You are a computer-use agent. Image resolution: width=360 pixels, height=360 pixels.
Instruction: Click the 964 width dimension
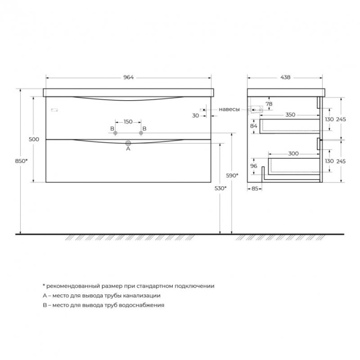(128, 77)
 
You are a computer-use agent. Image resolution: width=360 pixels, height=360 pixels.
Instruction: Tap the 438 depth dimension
(285, 77)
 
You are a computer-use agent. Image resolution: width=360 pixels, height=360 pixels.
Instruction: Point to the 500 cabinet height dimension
(34, 139)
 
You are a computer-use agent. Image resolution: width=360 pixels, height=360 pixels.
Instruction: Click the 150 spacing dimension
(128, 121)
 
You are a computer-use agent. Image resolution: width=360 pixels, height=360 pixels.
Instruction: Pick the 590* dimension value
(232, 176)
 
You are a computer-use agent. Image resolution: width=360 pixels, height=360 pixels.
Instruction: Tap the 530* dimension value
(221, 189)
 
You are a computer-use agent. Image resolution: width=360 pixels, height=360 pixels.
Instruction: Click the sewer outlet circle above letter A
(128, 143)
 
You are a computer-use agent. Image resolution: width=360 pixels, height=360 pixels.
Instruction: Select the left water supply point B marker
(115, 133)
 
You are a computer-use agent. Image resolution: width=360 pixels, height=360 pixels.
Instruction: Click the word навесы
(229, 109)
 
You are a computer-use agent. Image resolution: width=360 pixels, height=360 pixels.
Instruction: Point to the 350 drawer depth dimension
(290, 115)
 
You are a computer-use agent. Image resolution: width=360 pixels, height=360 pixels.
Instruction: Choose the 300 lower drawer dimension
(294, 154)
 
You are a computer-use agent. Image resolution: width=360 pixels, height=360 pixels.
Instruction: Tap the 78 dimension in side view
(269, 104)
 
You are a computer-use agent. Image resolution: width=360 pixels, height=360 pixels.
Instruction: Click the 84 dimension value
(254, 126)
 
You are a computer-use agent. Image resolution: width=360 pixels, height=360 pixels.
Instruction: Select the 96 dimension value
(254, 166)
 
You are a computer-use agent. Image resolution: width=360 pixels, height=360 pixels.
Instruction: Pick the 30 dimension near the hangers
(195, 116)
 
